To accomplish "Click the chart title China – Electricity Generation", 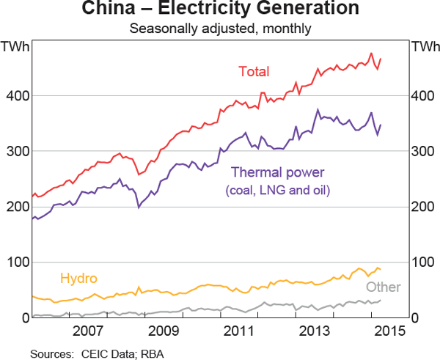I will pyautogui.click(x=220, y=10).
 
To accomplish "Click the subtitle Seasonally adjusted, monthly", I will pyautogui.click(x=220, y=29).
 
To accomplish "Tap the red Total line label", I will pyautogui.click(x=254, y=72).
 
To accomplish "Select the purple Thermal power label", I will pyautogui.click(x=277, y=173).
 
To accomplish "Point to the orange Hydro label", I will pyautogui.click(x=78, y=279).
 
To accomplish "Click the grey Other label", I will pyautogui.click(x=383, y=287).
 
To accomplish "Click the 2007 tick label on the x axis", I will pyautogui.click(x=88, y=331).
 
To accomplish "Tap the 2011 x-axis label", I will pyautogui.click(x=238, y=331).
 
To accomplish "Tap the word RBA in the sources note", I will pyautogui.click(x=152, y=353).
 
